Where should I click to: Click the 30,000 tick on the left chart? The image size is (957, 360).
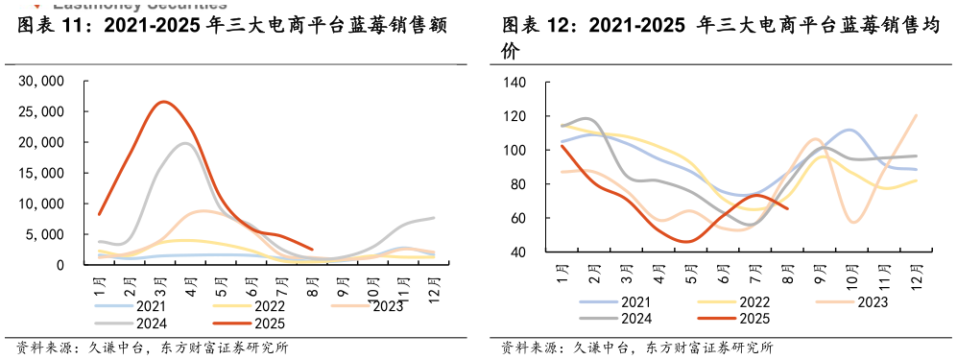(x=41, y=81)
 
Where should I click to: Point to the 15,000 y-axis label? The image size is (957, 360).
(x=41, y=173)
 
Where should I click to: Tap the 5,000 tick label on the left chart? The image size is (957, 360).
(x=45, y=234)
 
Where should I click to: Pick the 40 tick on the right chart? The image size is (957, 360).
(x=518, y=252)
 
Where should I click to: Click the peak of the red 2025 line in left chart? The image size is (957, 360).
(x=163, y=102)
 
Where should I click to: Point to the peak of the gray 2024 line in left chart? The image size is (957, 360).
(x=186, y=143)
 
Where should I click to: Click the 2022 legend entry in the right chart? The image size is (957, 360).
(x=752, y=301)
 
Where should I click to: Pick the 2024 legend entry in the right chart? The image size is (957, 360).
(x=634, y=318)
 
